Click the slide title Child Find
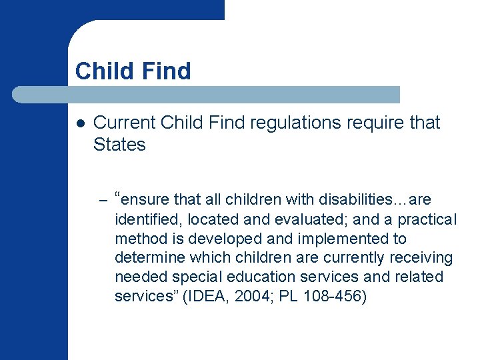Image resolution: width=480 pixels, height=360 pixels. [x=133, y=71]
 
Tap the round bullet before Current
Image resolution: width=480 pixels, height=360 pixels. [x=79, y=123]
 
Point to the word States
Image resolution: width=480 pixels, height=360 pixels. [x=119, y=145]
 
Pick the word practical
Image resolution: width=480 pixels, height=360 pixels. [x=425, y=219]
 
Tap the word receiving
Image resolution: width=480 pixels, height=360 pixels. [x=423, y=257]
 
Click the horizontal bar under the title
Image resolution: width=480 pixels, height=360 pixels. [x=207, y=95]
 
